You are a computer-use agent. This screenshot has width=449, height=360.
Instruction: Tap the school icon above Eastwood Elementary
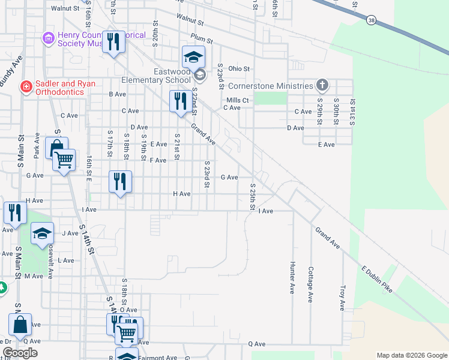(193, 58)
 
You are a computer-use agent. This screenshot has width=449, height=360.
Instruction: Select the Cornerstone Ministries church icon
(322, 85)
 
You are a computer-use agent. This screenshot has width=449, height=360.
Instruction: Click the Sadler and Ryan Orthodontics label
(65, 88)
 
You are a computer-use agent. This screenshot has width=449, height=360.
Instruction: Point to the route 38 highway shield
(372, 20)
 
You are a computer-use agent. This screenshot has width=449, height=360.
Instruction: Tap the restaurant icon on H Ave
(120, 181)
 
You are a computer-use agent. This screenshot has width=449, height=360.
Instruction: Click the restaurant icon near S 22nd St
(180, 101)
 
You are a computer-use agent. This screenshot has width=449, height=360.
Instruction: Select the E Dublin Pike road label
(376, 279)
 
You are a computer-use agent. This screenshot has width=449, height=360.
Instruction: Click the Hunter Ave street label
(292, 278)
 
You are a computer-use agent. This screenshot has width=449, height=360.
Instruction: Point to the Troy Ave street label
(343, 298)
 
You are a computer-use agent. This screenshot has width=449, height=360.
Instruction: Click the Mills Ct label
(237, 100)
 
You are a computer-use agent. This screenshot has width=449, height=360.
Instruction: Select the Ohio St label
(238, 69)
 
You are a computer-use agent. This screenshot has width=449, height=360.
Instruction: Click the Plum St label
(197, 37)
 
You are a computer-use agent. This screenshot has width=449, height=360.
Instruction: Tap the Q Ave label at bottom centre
(256, 344)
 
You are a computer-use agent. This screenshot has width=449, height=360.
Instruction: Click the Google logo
(20, 353)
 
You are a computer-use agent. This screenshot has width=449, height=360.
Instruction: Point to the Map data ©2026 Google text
(411, 355)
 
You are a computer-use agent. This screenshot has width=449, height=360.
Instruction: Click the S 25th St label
(253, 197)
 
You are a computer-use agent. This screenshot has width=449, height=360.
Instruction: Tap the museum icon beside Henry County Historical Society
(48, 39)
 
